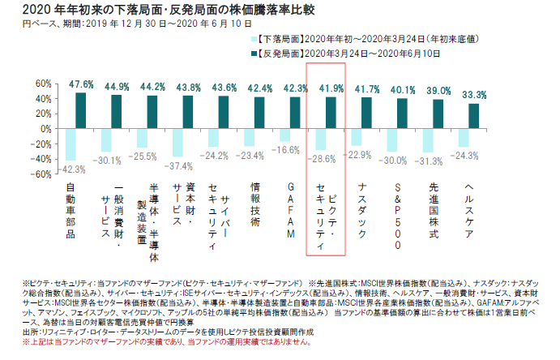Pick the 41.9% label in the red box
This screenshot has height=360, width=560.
(332, 88)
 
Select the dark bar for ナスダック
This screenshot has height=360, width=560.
(366, 114)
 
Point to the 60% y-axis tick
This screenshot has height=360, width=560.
(42, 84)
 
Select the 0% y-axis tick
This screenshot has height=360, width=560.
(45, 129)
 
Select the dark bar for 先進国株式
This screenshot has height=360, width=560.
(438, 114)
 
